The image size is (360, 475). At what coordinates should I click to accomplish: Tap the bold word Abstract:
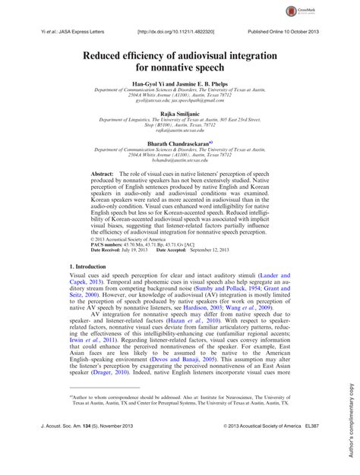tap(103, 175)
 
